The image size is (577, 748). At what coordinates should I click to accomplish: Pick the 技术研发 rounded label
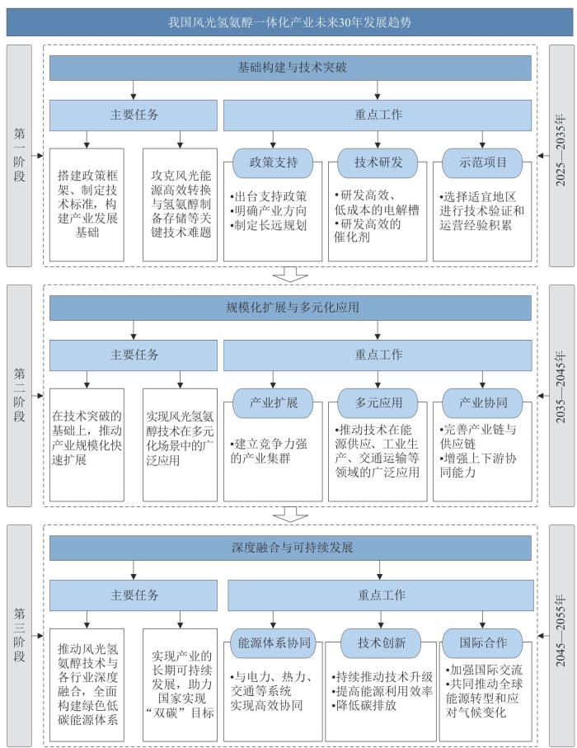coord(378,162)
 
